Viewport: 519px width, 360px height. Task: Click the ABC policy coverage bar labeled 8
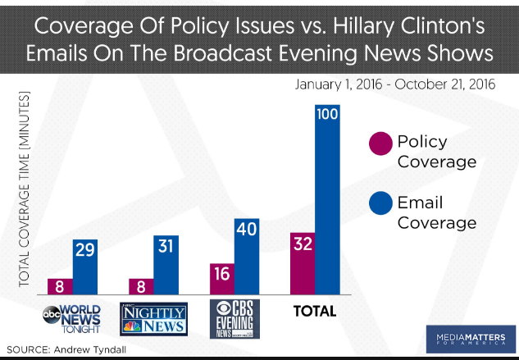tap(59, 285)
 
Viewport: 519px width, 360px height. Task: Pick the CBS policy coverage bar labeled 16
tap(221, 278)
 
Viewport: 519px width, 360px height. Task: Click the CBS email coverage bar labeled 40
tap(247, 255)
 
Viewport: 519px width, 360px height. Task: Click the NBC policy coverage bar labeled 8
tap(140, 285)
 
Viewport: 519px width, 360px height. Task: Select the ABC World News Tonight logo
tap(72, 317)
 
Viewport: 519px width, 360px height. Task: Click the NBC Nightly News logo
tap(153, 317)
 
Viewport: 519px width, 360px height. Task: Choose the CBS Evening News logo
tap(234, 318)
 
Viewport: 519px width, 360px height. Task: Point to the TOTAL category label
tap(316, 312)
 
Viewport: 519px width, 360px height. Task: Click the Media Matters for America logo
tap(469, 336)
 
